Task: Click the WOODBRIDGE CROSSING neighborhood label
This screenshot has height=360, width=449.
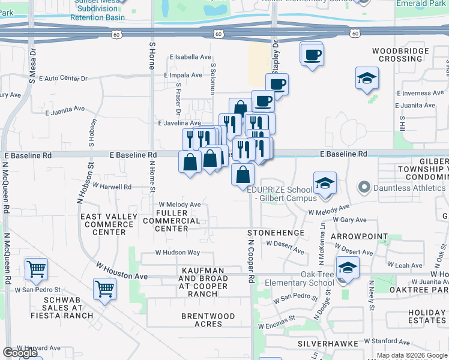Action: click(400, 55)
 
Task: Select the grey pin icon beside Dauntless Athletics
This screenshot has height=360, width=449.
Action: click(363, 188)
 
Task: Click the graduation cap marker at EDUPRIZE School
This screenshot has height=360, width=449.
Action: click(325, 182)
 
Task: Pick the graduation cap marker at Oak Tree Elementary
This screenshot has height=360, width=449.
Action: click(347, 268)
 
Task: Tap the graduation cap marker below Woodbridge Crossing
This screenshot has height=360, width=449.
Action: click(367, 78)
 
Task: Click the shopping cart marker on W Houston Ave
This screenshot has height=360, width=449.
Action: click(105, 289)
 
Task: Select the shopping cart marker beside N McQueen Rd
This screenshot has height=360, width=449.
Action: click(37, 269)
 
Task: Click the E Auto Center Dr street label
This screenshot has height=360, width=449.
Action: click(63, 79)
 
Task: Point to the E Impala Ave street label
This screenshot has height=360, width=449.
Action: click(183, 75)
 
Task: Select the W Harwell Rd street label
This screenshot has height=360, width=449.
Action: click(112, 187)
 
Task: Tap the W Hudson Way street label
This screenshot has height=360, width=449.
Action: click(178, 253)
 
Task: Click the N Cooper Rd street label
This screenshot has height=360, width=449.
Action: click(252, 259)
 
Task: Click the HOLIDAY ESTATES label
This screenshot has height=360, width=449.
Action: click(427, 316)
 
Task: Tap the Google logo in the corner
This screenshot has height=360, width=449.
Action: click(20, 353)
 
